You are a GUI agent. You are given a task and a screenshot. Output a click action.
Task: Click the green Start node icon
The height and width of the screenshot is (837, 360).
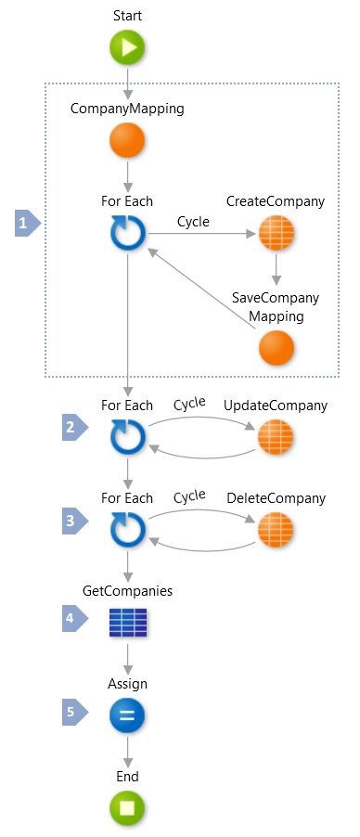127,48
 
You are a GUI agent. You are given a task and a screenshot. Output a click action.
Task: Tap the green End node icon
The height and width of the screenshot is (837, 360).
127,808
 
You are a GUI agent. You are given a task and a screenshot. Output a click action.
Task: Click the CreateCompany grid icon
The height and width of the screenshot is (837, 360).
275,233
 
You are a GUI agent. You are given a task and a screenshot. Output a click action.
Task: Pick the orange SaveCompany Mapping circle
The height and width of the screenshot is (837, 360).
275,347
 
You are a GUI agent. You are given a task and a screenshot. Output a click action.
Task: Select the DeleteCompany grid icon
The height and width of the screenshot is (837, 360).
275,530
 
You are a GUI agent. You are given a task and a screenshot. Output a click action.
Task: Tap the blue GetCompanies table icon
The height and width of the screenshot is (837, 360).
127,622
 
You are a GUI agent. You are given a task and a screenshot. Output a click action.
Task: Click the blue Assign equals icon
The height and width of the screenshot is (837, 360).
127,715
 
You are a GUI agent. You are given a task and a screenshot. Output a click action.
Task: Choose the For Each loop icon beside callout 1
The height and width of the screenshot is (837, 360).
127,233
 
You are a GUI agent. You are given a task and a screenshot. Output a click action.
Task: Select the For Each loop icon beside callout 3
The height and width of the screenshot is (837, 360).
127,530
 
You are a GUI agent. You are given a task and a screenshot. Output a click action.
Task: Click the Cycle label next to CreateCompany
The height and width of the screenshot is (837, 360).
193,222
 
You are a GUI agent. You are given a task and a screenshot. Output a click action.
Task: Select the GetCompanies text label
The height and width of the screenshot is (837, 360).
127,590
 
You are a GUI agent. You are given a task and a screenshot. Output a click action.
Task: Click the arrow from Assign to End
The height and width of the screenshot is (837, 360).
127,751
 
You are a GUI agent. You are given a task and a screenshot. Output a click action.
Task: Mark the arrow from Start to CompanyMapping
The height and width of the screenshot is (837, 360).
127,82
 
